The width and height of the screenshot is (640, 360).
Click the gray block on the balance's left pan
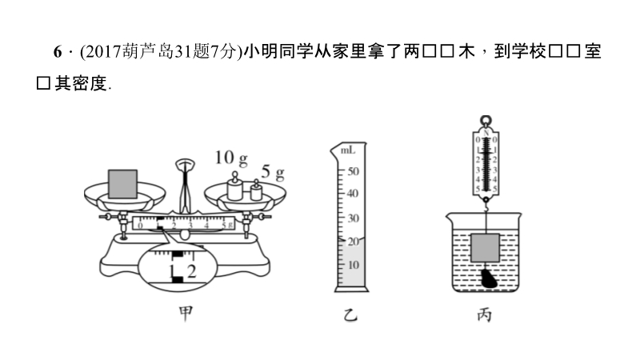(123, 182)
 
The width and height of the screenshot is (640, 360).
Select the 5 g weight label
(273, 172)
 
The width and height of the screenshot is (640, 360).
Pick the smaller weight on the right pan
(255, 192)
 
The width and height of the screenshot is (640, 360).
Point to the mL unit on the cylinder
(348, 150)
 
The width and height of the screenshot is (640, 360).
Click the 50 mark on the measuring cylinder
(352, 171)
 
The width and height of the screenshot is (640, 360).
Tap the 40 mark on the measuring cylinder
(352, 194)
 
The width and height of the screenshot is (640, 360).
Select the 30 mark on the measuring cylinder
(352, 218)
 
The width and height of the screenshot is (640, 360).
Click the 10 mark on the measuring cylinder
(351, 265)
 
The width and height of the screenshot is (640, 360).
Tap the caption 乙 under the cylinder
(348, 315)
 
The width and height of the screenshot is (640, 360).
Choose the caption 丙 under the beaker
(484, 315)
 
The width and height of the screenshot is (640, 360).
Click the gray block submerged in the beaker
(486, 249)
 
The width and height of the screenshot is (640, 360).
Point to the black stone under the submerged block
(487, 279)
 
